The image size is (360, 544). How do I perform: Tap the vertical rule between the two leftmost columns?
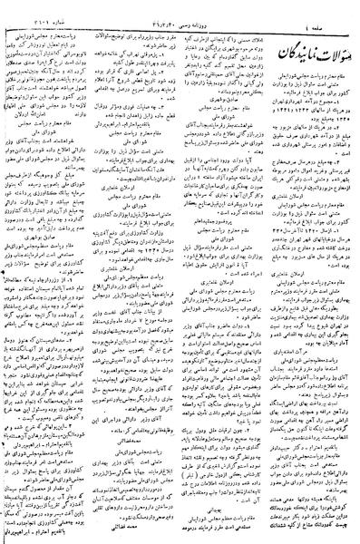(94, 272)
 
